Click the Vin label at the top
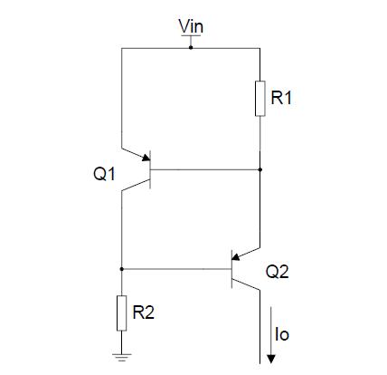tap(191, 27)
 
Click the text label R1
tap(284, 97)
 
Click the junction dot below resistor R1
tap(260, 168)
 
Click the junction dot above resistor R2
tap(120, 269)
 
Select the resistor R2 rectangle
tap(120, 312)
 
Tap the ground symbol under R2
tap(120, 357)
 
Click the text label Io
tap(281, 335)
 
